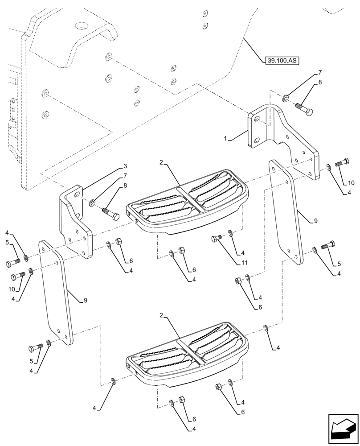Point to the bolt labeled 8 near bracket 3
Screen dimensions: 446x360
tap(111, 213)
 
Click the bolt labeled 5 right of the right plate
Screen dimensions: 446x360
tap(328, 244)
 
